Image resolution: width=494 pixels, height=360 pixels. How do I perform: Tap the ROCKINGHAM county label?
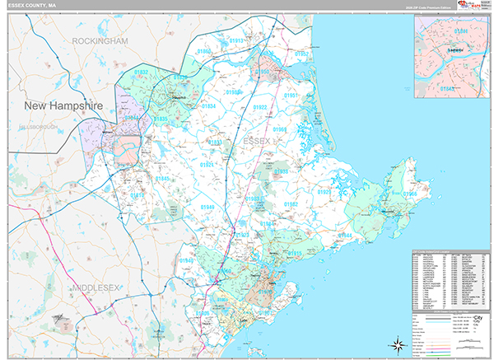[100, 40]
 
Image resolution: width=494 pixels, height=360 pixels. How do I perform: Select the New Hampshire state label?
[63, 106]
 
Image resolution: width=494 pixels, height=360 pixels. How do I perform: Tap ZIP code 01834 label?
[209, 106]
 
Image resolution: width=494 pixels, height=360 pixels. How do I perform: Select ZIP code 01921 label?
[206, 165]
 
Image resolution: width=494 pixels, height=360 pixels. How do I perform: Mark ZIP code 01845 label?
[163, 179]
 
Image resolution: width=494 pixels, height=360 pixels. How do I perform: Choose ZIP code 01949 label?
[206, 207]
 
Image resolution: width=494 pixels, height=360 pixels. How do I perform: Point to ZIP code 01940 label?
[187, 260]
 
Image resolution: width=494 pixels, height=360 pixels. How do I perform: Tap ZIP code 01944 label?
[346, 236]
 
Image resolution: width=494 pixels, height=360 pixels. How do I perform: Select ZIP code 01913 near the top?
[236, 40]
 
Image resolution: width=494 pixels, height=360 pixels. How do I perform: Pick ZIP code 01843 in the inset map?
[445, 88]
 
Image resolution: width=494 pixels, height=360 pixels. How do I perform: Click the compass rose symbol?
[396, 344]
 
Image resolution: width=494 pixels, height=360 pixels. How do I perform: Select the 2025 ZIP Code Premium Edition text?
[428, 10]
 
